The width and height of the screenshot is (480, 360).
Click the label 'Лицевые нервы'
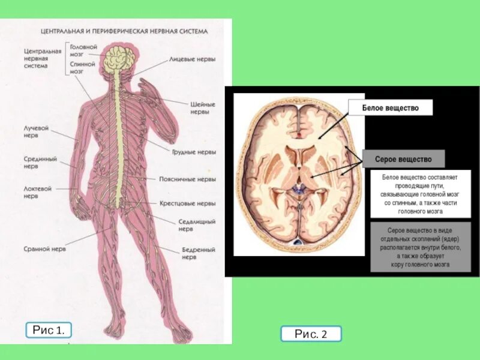pos(192,60)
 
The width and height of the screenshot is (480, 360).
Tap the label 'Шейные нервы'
pos(203,107)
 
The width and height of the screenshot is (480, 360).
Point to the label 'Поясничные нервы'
pos(187,179)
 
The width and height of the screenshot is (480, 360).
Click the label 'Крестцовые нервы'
pos(187,203)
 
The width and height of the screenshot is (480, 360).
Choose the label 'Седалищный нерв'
pos(197,225)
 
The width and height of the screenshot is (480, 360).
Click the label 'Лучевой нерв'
pos(36,131)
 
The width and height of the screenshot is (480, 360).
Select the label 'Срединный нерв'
pos(40,163)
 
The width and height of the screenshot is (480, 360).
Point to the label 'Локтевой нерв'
pos(38,192)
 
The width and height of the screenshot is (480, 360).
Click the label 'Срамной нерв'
pos(45,248)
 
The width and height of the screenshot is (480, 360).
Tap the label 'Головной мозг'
pos(83,50)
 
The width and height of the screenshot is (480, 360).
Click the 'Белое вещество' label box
pos(390,108)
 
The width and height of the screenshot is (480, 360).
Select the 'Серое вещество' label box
pos(403,160)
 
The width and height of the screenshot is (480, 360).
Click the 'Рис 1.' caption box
pos(49,330)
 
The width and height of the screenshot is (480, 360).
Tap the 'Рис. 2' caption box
pos(311,334)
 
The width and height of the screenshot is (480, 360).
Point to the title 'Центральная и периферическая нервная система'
pos(124,31)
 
